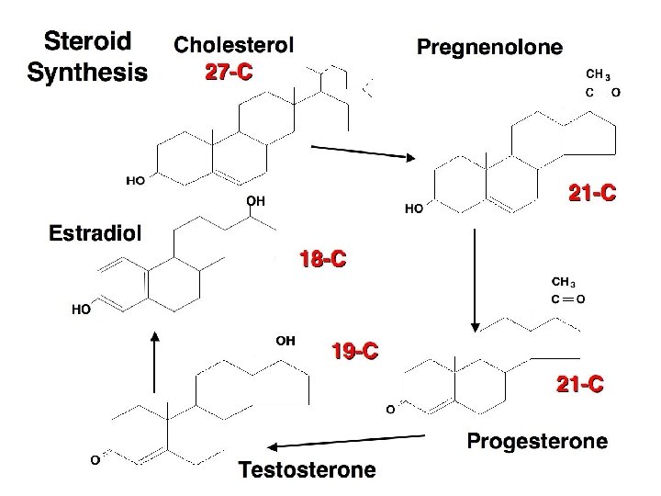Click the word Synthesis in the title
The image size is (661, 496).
coord(87,72)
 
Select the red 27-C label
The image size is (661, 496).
coord(228,73)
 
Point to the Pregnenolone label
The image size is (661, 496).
coord(490,47)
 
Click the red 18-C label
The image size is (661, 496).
coord(322,260)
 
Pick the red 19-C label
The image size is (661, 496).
coord(354,350)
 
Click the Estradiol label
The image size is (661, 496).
coord(95,232)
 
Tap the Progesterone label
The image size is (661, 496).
coord(537,442)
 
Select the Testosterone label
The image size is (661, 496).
coord(308,470)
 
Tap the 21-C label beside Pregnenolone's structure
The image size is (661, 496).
coord(592,194)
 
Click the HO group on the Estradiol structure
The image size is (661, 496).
coord(82,310)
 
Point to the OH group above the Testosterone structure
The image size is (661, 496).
coord(286,340)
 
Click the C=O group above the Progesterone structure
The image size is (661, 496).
coord(569,299)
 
